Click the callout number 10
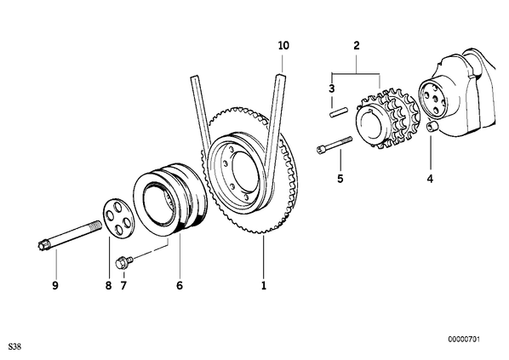283,45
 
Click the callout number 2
357,45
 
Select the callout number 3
331,89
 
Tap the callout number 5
340,178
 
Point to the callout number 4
430,178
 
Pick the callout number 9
55,285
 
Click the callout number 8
108,285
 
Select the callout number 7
123,285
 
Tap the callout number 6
180,285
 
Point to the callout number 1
264,285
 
